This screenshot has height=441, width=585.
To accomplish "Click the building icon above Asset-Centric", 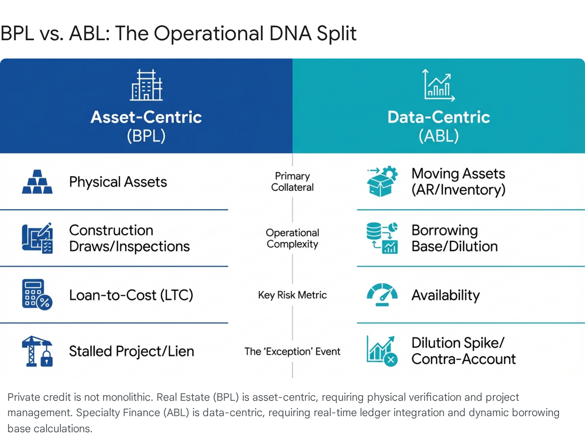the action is point(146,85).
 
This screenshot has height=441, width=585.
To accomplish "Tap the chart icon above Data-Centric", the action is point(438,85).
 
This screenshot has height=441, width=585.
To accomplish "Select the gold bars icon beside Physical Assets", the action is point(37,182).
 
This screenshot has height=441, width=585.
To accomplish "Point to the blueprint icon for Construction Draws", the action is point(37,238).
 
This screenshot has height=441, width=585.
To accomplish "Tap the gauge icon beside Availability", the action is point(382,294).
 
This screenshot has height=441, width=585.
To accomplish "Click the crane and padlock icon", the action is point(37,351).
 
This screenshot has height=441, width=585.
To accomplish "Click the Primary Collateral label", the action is point(292,182).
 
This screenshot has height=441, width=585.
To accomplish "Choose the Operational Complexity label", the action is point(292,238).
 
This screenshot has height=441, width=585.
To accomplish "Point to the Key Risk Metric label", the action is point(292,295).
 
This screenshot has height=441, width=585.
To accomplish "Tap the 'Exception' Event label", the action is point(292,351).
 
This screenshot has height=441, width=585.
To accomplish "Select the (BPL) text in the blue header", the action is point(146,136).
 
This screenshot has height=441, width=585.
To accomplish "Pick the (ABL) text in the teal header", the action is point(438,136).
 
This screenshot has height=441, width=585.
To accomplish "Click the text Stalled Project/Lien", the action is point(132,351).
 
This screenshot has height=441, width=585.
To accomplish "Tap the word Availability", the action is point(446,295).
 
